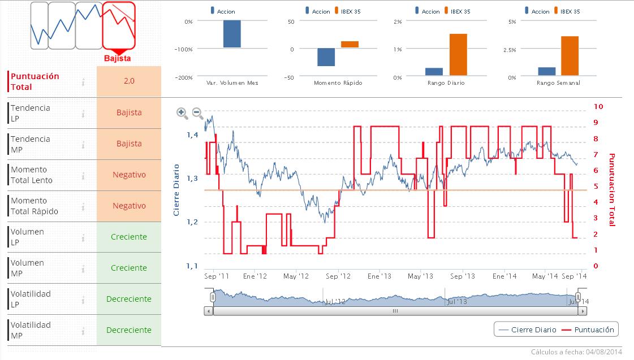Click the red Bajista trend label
pyautogui.click(x=118, y=58)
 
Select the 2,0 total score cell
pyautogui.click(x=129, y=81)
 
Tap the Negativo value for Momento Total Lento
pyautogui.click(x=129, y=175)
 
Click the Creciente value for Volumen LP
pyautogui.click(x=129, y=237)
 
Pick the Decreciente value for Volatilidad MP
pyautogui.click(x=129, y=330)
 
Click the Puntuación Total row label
pyautogui.click(x=35, y=81)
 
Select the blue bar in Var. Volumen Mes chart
pyautogui.click(x=232, y=34)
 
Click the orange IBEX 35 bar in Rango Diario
pyautogui.click(x=458, y=54)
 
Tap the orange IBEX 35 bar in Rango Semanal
pyautogui.click(x=570, y=55)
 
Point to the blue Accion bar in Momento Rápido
pyautogui.click(x=326, y=57)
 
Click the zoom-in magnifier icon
pyautogui.click(x=182, y=113)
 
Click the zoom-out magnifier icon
pyautogui.click(x=198, y=113)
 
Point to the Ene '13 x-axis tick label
pyautogui.click(x=379, y=276)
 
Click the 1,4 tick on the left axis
pyautogui.click(x=192, y=135)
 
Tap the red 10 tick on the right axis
pyautogui.click(x=598, y=106)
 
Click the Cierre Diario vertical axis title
pyautogui.click(x=176, y=190)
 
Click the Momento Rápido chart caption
pyautogui.click(x=338, y=83)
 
